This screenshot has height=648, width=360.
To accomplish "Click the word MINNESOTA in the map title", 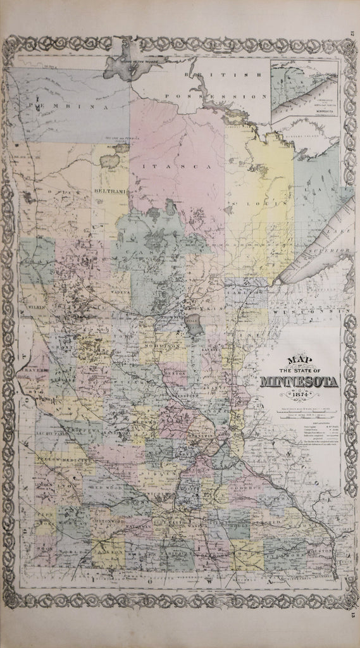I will point(299,382).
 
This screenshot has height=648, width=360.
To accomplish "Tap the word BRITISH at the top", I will point(204,75).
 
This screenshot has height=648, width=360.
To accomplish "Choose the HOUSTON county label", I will point(316,552).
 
